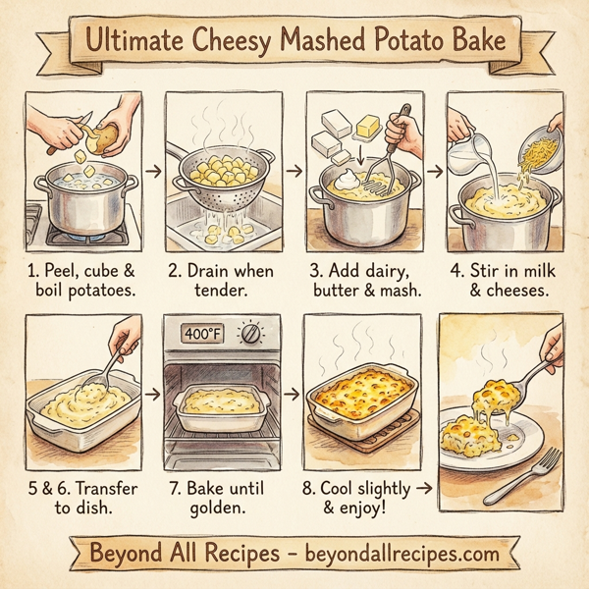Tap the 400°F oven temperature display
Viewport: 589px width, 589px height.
(x=203, y=334)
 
